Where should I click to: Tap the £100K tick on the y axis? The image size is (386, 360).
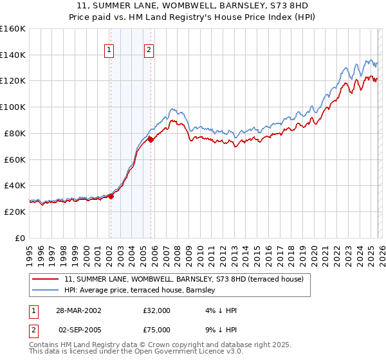click(x=13, y=107)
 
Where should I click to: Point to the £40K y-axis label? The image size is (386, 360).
click(x=15, y=185)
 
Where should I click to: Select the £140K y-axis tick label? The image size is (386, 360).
click(x=13, y=55)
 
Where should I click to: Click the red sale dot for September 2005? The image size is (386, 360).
click(x=151, y=139)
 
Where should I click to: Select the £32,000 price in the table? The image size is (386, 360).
click(x=157, y=310)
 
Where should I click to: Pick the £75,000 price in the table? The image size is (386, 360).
click(x=157, y=330)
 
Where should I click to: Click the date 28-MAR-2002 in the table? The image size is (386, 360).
click(x=75, y=310)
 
